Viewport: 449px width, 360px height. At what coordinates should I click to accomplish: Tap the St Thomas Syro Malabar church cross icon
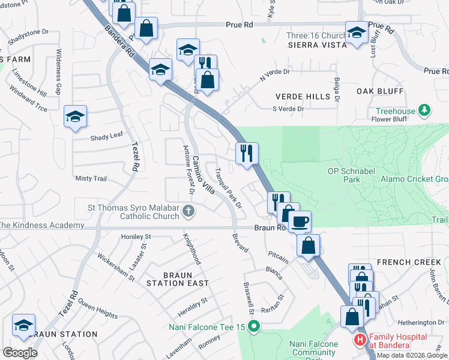pos(188,211)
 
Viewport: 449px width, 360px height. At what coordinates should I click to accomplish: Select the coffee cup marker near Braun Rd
pos(300,221)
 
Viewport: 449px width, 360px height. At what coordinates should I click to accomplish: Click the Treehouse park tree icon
pos(425,110)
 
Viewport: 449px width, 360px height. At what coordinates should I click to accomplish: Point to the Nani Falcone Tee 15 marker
pos(254,327)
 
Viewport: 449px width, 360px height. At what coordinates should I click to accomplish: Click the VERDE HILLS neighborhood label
pos(303,97)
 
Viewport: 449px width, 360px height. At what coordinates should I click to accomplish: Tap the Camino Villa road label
pos(203,175)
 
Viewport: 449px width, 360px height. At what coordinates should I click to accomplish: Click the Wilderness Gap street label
pos(59,72)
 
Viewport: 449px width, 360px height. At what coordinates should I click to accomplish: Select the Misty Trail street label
pos(91,179)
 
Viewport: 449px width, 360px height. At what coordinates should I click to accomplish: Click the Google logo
pos(20,353)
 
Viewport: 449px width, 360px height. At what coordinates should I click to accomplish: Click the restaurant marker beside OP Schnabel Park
pos(247,153)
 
